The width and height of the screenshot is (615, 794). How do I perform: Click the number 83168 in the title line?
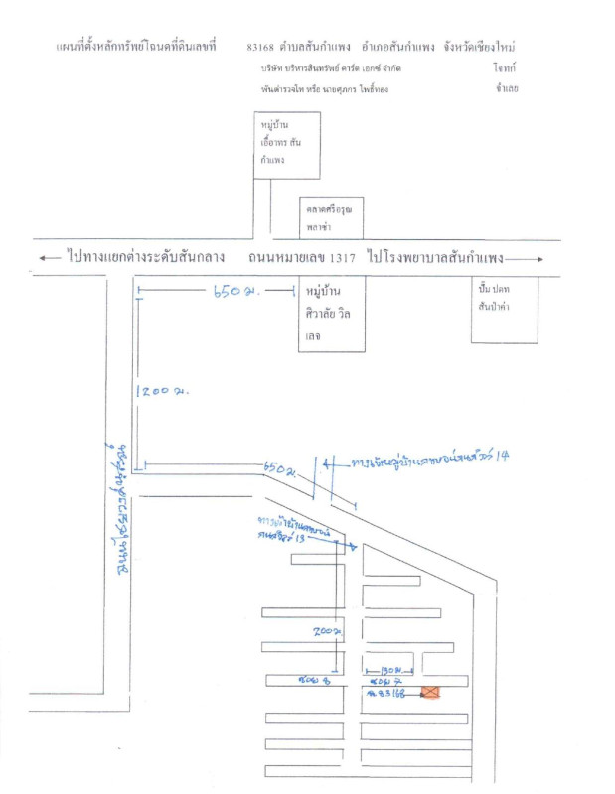click(261, 47)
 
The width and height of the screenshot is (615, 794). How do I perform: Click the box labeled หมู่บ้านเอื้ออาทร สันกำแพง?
click(286, 145)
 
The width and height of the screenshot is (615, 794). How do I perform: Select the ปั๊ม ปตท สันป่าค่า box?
click(504, 308)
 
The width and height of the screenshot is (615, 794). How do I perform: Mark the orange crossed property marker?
click(431, 693)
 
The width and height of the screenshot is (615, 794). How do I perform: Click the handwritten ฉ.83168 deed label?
click(384, 694)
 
